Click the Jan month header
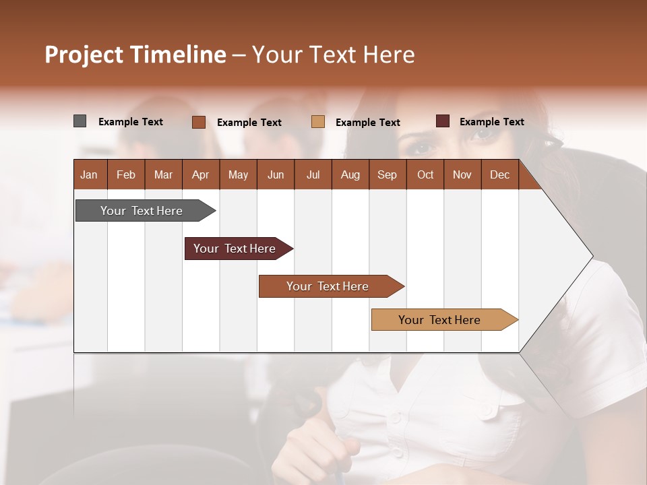click(x=90, y=174)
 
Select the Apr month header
click(x=201, y=174)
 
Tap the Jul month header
click(x=313, y=174)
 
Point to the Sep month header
click(x=387, y=174)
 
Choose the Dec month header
click(x=499, y=174)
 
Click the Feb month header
click(x=126, y=174)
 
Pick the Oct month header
click(x=425, y=174)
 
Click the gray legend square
click(x=80, y=121)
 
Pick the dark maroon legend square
click(x=443, y=121)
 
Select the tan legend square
click(x=318, y=122)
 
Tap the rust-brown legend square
click(x=199, y=122)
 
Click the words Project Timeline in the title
click(x=135, y=55)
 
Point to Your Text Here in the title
click(x=333, y=55)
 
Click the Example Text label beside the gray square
click(x=131, y=122)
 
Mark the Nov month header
click(x=462, y=174)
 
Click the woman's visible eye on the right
click(x=484, y=134)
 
